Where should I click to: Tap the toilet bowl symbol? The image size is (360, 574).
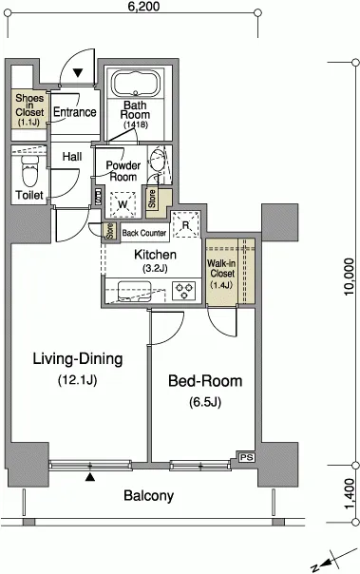[29, 170]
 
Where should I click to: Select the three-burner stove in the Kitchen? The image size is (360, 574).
[183, 291]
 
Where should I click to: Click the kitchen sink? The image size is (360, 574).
[134, 292]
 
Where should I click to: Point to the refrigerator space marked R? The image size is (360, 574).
[186, 224]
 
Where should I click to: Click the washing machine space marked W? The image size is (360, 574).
[123, 204]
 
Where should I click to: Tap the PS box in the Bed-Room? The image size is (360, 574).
[247, 457]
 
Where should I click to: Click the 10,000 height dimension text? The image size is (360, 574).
[349, 277]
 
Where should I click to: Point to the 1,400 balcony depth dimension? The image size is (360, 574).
[350, 493]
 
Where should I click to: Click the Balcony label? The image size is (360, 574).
[148, 496]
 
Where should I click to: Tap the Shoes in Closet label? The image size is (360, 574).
[29, 109]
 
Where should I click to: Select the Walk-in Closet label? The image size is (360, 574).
[221, 274]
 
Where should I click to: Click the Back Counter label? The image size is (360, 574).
[144, 233]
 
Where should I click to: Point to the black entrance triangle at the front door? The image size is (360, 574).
[78, 73]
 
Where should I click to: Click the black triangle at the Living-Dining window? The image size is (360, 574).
[90, 477]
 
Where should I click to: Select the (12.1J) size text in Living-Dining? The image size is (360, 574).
[78, 380]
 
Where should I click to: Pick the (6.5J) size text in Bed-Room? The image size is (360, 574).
[205, 402]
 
